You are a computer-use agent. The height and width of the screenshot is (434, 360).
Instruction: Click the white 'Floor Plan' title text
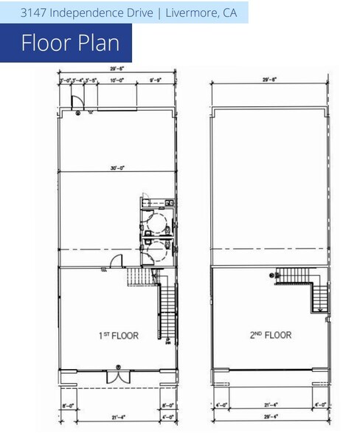(x=70, y=43)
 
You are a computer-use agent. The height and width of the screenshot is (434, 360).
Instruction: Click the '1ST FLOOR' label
(x=116, y=335)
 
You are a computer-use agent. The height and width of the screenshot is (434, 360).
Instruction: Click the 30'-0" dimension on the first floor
(x=117, y=168)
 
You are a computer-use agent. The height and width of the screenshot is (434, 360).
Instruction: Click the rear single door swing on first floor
(x=75, y=103)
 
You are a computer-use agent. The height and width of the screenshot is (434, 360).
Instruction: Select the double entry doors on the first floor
(x=117, y=376)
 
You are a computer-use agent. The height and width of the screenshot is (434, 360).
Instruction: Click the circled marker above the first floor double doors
(x=117, y=367)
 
